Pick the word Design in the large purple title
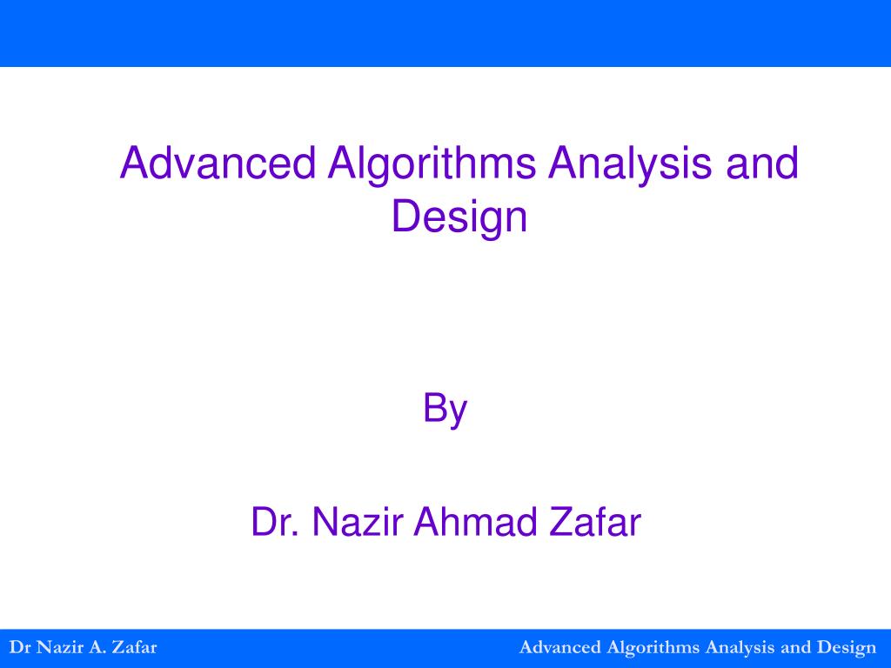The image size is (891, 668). point(459,217)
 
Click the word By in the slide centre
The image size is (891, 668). point(445,409)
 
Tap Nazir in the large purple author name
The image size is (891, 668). point(357,522)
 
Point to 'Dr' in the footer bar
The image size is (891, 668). point(18,647)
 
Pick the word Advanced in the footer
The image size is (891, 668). point(559,647)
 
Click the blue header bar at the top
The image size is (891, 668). point(445,33)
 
